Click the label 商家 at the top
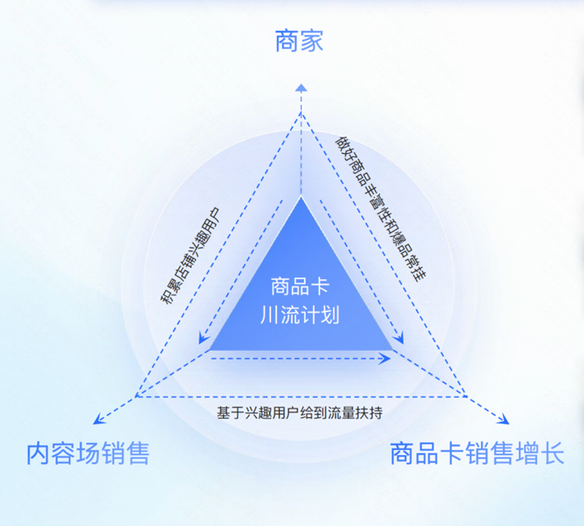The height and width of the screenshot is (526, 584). pyautogui.click(x=299, y=42)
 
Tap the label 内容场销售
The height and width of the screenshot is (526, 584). pyautogui.click(x=87, y=454)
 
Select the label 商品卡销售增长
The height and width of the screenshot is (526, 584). pyautogui.click(x=477, y=454)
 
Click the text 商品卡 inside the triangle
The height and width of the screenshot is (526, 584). pyautogui.click(x=300, y=287)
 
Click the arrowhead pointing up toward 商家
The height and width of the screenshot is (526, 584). pyautogui.click(x=300, y=87)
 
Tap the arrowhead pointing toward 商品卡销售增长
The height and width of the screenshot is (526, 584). pyautogui.click(x=504, y=420)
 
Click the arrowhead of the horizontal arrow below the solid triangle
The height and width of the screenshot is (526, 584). pyautogui.click(x=387, y=359)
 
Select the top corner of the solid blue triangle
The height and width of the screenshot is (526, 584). pyautogui.click(x=301, y=198)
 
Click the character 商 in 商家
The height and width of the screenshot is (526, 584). pyautogui.click(x=287, y=42)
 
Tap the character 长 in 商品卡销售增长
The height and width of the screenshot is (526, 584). pyautogui.click(x=553, y=454)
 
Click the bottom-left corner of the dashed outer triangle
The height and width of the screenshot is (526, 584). pyautogui.click(x=136, y=396)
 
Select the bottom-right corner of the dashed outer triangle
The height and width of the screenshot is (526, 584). pyautogui.click(x=466, y=396)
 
